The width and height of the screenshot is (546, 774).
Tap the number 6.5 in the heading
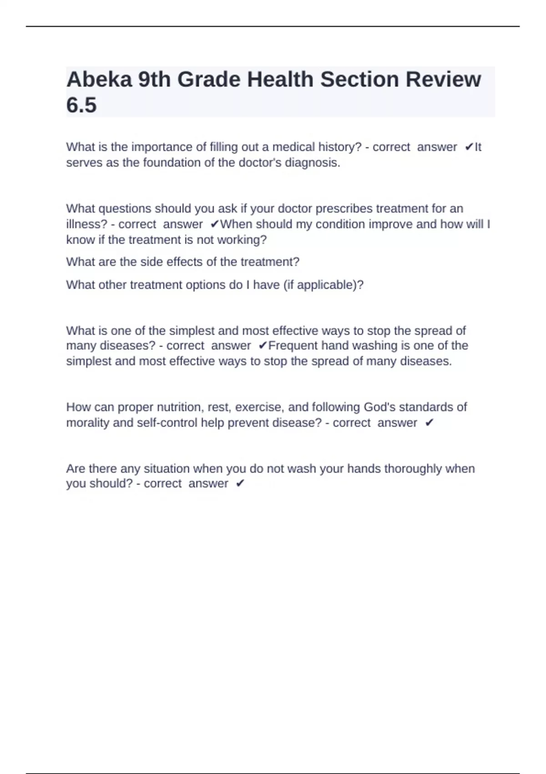(x=81, y=105)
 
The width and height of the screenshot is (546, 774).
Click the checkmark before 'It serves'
(x=469, y=147)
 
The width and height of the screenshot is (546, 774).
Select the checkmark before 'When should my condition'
(x=215, y=224)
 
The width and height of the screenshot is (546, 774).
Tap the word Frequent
(x=293, y=346)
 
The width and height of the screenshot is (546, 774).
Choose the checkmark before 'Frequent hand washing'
(x=263, y=346)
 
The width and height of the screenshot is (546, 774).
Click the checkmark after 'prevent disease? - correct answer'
(x=429, y=423)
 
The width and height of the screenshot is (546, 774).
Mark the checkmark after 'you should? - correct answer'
(x=240, y=484)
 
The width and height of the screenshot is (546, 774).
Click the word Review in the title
(x=443, y=80)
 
